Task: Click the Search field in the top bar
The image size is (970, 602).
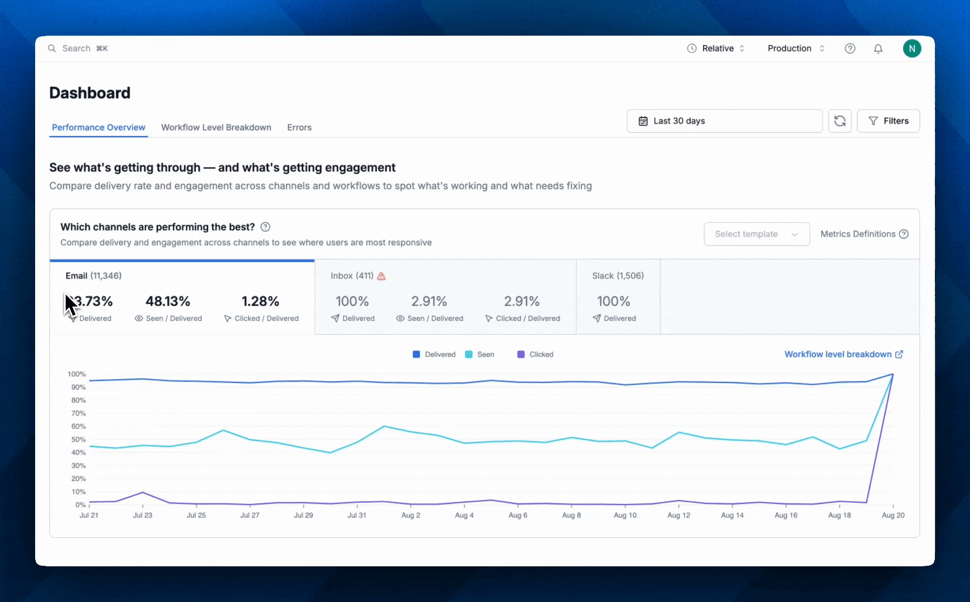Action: tap(78, 48)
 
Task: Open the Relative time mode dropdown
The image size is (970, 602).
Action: tap(716, 48)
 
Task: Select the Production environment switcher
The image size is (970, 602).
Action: tap(796, 48)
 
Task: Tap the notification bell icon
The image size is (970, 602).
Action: tap(878, 48)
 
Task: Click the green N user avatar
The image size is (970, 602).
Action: tap(911, 48)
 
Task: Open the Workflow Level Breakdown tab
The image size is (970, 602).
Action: tap(216, 128)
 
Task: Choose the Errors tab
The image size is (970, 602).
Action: tap(299, 128)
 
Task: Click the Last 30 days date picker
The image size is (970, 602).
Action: tap(724, 121)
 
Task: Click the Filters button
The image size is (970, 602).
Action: tap(888, 121)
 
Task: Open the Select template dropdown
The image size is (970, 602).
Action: tap(756, 234)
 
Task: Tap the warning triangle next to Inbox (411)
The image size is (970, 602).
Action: tap(381, 276)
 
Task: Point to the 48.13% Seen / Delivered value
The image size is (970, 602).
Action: tap(168, 302)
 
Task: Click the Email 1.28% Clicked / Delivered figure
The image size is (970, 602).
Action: tap(260, 302)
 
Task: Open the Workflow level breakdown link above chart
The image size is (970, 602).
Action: tap(843, 355)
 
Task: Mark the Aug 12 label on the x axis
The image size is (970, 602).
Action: tap(678, 516)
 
